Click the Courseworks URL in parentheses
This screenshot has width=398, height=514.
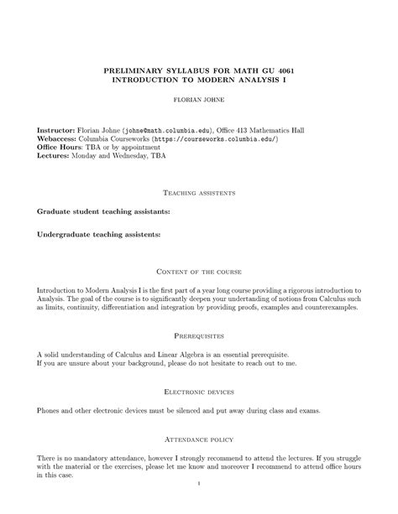[198, 140]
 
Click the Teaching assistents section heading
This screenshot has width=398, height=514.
[199, 193]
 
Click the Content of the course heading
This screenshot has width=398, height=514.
[199, 272]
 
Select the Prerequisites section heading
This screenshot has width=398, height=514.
[199, 333]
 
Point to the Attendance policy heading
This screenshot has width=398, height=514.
[199, 439]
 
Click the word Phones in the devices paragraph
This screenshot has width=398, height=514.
[51, 412]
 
